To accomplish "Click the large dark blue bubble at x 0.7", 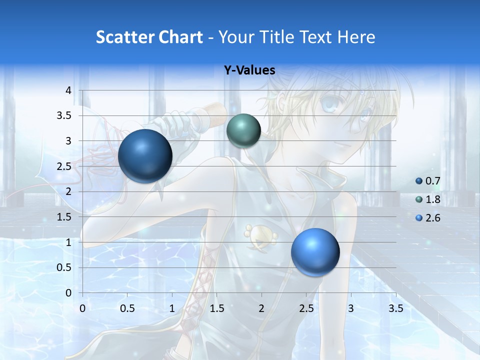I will point(145,156).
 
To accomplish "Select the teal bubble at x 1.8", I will point(243,130).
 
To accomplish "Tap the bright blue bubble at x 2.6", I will point(315,252).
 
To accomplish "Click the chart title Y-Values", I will point(249,70).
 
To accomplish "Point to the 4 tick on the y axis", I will point(68,90).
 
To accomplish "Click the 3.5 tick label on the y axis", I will point(64,116).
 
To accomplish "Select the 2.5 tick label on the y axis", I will point(64,166).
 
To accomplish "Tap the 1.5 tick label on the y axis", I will point(64,217).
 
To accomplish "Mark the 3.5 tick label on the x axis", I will point(395,308).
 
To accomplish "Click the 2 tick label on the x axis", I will point(261,308).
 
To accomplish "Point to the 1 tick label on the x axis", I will point(172,308).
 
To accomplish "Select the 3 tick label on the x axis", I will point(351,308).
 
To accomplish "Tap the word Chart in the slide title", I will point(180,37).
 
